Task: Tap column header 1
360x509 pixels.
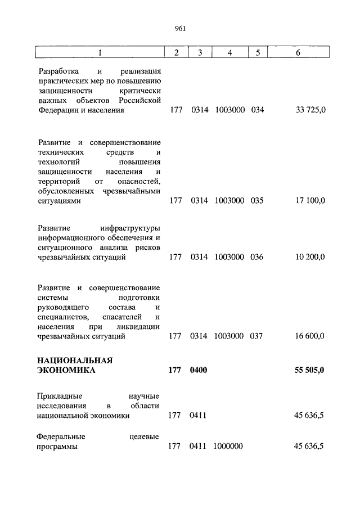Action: click(x=100, y=52)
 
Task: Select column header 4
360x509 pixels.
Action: click(x=229, y=52)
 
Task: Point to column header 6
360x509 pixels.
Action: click(x=298, y=52)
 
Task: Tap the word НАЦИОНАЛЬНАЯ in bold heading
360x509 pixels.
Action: click(x=75, y=360)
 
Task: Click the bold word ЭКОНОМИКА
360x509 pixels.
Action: click(x=66, y=370)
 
